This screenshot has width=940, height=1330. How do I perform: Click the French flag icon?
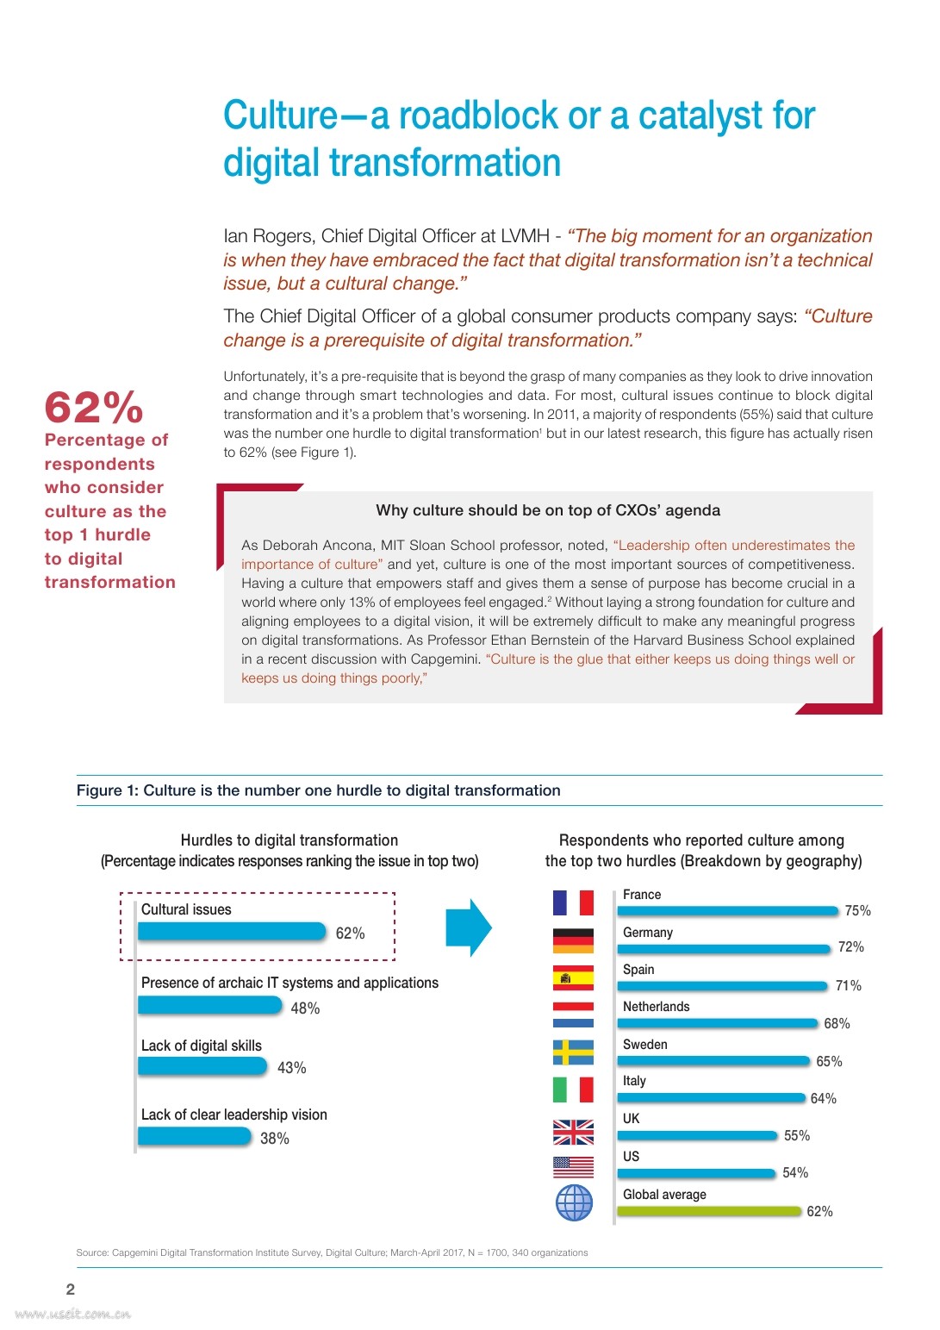click(573, 902)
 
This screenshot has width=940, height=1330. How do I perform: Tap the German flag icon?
click(573, 940)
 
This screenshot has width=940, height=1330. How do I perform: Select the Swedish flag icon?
click(573, 1052)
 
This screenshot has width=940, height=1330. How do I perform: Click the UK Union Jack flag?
click(573, 1132)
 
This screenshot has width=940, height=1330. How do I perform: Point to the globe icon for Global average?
click(574, 1202)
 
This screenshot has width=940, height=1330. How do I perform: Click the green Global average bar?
click(709, 1211)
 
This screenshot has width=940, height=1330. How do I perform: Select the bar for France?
click(727, 910)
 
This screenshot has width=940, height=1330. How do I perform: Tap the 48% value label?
click(305, 1008)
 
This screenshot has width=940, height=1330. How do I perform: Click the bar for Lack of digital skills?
click(202, 1066)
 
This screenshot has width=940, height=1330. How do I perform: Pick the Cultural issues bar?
click(232, 932)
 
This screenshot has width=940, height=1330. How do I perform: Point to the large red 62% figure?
click(94, 408)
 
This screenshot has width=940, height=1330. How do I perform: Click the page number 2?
click(71, 1289)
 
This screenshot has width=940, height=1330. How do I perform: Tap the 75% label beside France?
click(857, 911)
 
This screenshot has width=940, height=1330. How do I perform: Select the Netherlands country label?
click(656, 1007)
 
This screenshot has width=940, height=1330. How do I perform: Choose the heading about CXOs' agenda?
click(548, 510)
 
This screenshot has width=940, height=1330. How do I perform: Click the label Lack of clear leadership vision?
click(234, 1115)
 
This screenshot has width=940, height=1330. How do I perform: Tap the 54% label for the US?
click(795, 1173)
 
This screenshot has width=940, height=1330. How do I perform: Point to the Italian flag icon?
click(573, 1090)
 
